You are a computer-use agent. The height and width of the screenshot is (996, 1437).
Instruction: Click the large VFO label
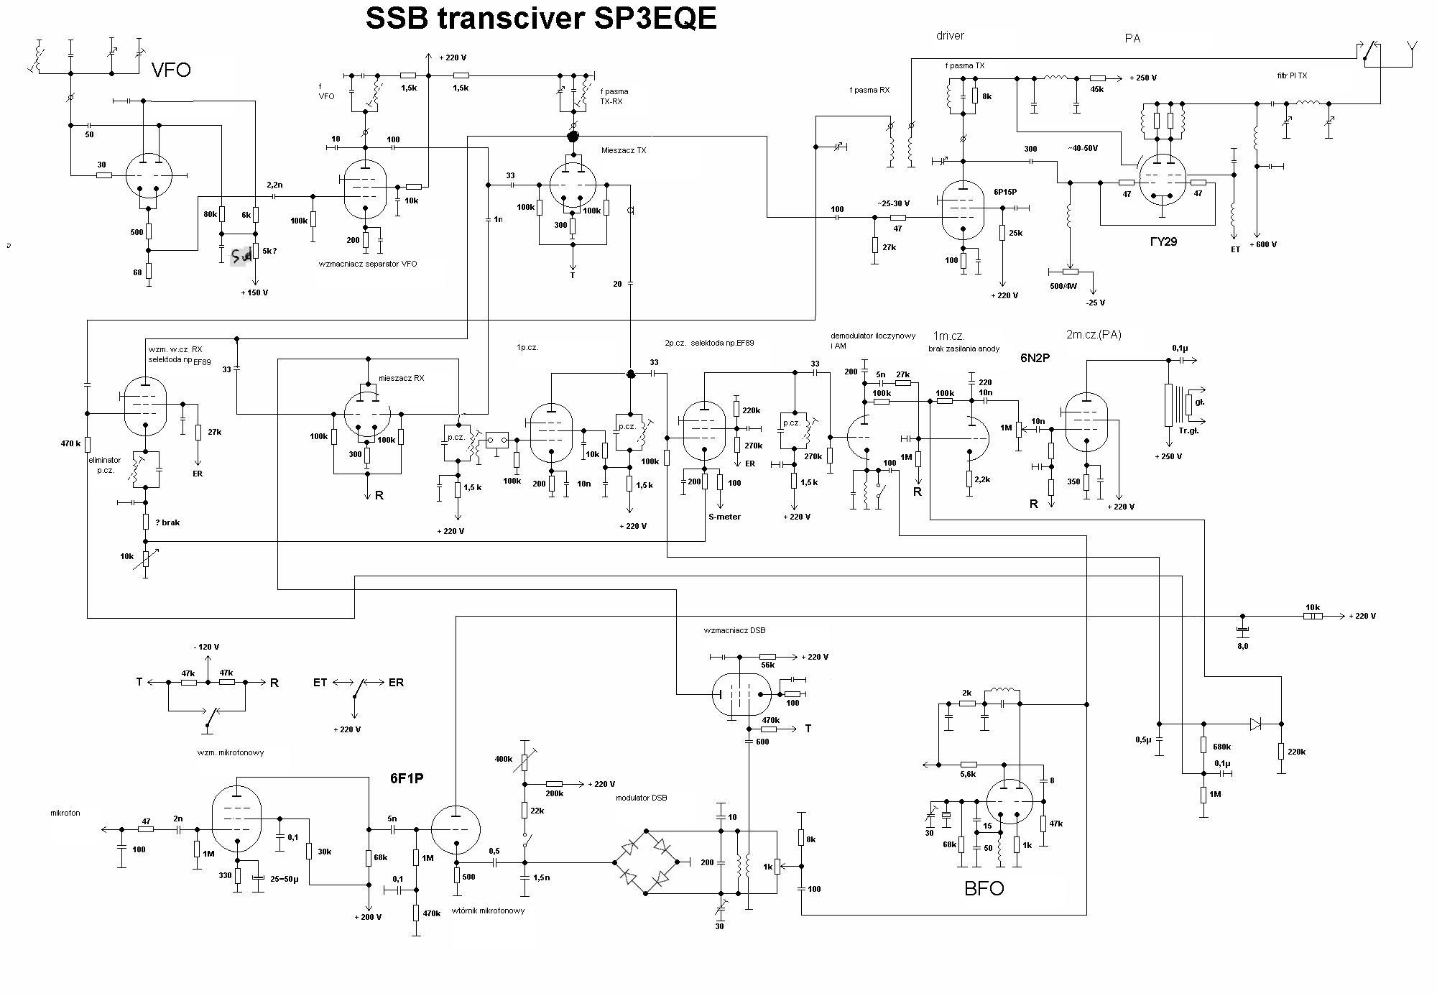click(171, 70)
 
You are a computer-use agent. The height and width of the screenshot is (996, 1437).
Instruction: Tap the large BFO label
click(984, 888)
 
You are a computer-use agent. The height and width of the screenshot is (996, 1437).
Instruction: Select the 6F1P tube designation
click(407, 778)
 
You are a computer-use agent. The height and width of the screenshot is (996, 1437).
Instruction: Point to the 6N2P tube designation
click(1035, 357)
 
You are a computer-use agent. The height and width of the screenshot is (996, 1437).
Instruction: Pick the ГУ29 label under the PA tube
click(1163, 241)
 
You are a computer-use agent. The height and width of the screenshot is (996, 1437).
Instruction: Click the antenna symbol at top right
click(1412, 47)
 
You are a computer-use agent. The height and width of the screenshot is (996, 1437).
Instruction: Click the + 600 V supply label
click(1263, 244)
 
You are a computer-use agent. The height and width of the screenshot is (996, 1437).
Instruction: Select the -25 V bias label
click(1095, 303)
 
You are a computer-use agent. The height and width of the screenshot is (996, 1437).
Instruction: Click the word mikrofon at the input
click(65, 813)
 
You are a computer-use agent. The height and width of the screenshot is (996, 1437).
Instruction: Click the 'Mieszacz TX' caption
click(624, 150)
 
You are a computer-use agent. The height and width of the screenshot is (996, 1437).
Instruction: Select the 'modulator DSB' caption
click(641, 798)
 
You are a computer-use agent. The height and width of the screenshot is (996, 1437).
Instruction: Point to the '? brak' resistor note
click(167, 522)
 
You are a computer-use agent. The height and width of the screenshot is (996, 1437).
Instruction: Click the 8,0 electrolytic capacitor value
click(1242, 646)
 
